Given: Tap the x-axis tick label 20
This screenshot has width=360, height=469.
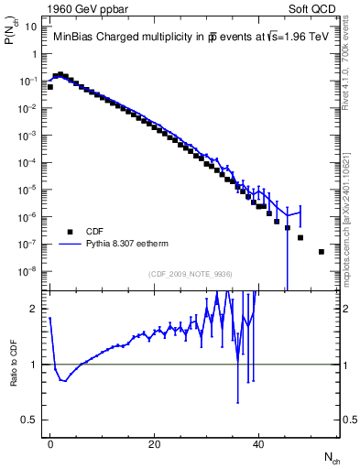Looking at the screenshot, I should coord(155,443).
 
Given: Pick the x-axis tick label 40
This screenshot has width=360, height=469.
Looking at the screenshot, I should coord(259,443).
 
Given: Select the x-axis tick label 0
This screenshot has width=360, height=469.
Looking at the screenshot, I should coord(50,443).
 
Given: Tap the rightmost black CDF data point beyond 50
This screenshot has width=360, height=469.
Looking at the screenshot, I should coord(322,251).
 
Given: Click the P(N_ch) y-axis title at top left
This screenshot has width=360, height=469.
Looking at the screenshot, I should coord(12,37).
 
